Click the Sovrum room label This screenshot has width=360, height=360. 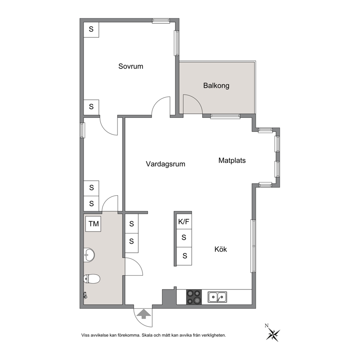click(x=131, y=66)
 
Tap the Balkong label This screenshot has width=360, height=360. click(x=216, y=86)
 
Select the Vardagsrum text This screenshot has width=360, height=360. click(x=165, y=164)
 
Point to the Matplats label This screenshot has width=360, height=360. click(x=232, y=160)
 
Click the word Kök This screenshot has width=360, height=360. click(x=220, y=249)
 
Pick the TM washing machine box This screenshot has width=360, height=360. click(x=93, y=224)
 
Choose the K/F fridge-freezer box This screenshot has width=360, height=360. click(x=184, y=222)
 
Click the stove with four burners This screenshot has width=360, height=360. click(x=194, y=297)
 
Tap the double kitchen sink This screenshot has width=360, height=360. click(x=217, y=297)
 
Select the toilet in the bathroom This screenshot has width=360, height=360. click(x=92, y=279)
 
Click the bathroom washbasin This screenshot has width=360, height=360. click(x=89, y=255)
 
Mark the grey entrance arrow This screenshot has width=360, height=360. click(x=144, y=314)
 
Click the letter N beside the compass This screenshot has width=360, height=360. click(x=267, y=325)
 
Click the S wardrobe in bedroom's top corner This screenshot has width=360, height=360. click(x=91, y=30)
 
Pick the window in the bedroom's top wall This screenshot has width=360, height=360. click(x=161, y=21)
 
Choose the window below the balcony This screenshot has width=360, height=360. click(x=225, y=116)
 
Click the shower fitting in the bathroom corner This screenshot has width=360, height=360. click(x=85, y=295)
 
